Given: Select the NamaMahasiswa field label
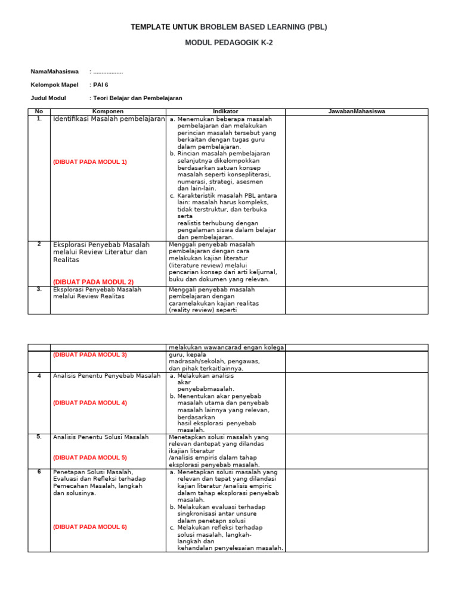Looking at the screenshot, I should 54,71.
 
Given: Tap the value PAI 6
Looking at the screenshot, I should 101,85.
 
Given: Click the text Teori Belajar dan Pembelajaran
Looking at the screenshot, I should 137,98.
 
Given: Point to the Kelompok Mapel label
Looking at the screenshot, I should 54,85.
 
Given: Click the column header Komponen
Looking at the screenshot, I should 108,111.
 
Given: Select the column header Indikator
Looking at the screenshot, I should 225,111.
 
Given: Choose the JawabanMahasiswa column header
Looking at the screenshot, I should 357,111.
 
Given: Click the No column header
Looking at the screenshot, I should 39,111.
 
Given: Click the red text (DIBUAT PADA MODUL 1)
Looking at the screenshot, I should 89,161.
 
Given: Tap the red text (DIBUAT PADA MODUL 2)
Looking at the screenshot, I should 93,282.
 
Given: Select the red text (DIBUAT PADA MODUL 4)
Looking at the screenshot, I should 89,403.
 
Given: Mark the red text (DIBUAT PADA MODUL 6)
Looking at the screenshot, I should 89,527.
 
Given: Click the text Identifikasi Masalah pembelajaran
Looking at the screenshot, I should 109,119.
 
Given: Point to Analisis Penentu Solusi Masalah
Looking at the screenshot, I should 101,437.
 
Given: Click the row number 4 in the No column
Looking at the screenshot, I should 39,376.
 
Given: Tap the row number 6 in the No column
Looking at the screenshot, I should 39,471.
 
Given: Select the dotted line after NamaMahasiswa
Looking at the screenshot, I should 108,71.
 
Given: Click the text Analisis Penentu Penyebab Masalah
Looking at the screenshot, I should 107,376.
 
